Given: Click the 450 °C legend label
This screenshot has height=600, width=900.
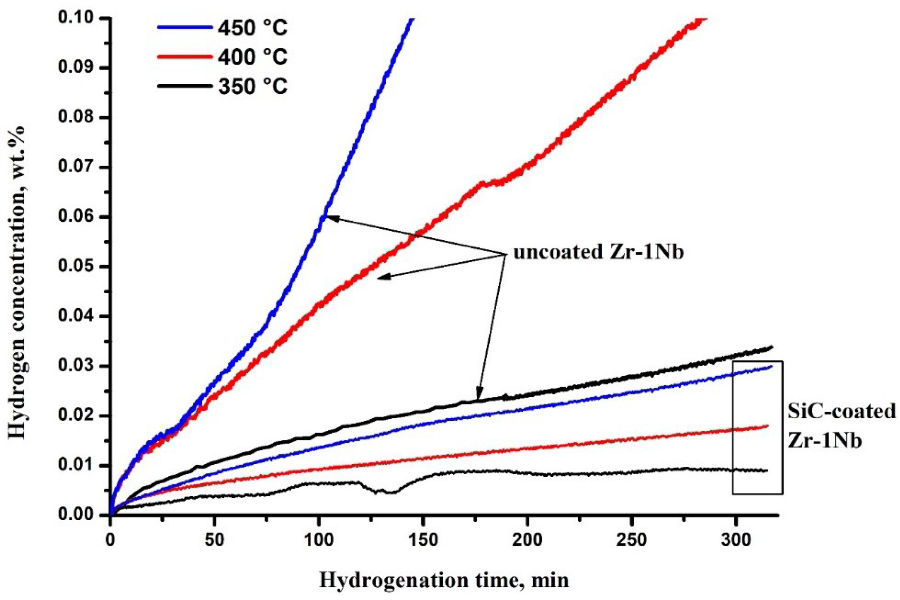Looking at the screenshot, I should coord(252,28).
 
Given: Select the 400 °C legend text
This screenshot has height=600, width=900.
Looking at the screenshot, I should coord(252,57).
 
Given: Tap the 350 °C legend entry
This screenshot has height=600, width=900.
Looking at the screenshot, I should coord(252,86).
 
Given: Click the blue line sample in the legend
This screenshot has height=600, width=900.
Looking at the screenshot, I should coord(185,27).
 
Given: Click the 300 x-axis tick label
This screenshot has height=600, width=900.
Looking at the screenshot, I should coord(735,540).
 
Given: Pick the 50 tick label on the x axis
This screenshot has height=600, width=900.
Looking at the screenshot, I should coord(214,540).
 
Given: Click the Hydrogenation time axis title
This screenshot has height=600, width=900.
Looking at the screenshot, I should coord(444,580).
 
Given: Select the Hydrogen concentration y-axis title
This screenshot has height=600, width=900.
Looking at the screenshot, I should coord(16,282).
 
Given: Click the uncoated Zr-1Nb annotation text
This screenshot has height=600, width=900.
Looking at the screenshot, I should coord(598,252).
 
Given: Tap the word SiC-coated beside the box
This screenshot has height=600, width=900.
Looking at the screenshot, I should coord(841,411).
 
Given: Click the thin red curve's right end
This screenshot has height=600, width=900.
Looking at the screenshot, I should coord(767,426).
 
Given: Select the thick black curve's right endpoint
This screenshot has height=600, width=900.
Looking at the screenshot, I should coord(771,347).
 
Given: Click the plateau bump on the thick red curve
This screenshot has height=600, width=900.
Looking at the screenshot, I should coord(491,183).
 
